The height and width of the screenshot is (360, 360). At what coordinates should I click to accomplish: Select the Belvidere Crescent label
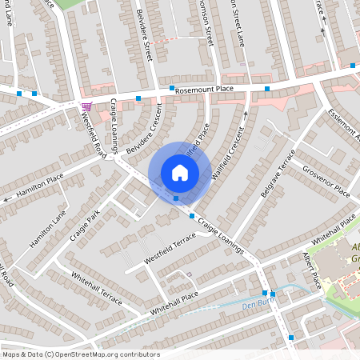coord(148,122)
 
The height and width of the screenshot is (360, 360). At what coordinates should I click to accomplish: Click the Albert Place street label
coord(311,272)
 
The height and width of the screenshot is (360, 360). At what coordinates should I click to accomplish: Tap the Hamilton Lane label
coord(48,230)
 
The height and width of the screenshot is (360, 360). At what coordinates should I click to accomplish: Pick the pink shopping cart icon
coord(86,106)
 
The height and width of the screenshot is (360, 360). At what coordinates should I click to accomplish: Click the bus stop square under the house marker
coord(176,198)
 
